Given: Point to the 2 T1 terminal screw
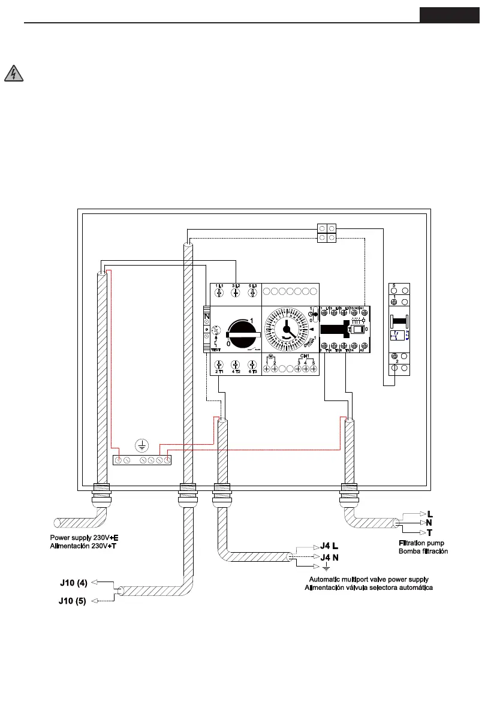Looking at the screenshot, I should pos(219,365).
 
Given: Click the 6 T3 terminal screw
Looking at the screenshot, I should pos(252,365).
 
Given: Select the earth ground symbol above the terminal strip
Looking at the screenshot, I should pos(141,445).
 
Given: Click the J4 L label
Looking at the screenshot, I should pos(329,546).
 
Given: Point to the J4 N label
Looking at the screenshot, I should pos(329,558).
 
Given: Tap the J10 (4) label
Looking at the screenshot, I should pos(74,582).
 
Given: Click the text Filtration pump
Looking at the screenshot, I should pos(421,543).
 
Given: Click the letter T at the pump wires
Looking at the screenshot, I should pos(430,532).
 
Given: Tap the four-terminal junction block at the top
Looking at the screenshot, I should pos(326,233).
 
